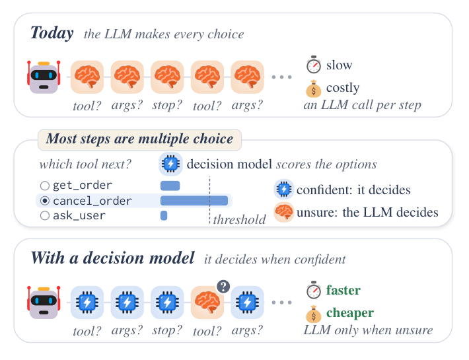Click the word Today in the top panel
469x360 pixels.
[x=52, y=33]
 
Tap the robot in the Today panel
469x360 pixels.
[x=44, y=77]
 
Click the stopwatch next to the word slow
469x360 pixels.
[x=314, y=65]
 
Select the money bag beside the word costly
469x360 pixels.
[x=314, y=89]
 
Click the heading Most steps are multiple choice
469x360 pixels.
[x=139, y=139]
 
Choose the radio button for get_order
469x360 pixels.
[x=44, y=186]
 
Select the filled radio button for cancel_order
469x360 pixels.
[x=44, y=201]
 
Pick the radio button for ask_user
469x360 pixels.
[x=44, y=215]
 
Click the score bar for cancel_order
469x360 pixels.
[x=194, y=201]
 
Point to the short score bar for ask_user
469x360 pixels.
[x=164, y=215]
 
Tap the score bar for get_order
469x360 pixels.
[x=170, y=186]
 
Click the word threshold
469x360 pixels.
[x=239, y=219]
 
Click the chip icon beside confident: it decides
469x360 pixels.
[x=284, y=190]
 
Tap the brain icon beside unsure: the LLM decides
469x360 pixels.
[x=284, y=212]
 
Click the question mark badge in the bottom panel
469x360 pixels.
[x=223, y=287]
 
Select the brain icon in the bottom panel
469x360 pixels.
[x=207, y=303]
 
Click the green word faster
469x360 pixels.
[x=343, y=290]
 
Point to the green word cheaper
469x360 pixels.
[x=350, y=312]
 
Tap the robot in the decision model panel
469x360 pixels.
[x=44, y=303]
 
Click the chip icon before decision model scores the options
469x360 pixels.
[x=170, y=164]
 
